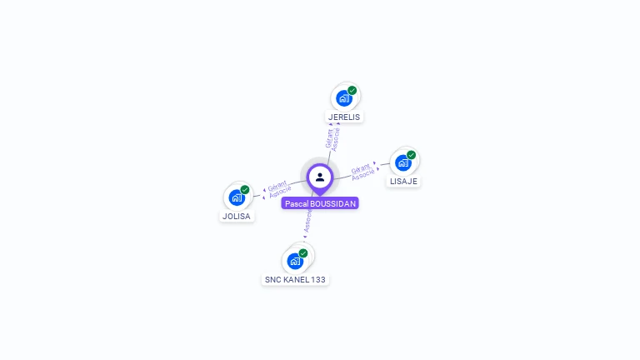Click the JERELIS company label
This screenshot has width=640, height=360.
[344, 117]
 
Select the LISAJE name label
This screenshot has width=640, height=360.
[403, 181]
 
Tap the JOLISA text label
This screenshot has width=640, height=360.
[236, 216]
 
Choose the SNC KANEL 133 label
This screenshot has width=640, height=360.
[294, 280]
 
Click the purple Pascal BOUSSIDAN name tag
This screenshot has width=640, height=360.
[320, 203]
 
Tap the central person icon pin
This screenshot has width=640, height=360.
[320, 177]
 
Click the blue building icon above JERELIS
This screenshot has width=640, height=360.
[343, 97]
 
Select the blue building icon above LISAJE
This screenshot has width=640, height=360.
[403, 162]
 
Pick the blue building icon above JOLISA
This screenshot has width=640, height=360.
[237, 197]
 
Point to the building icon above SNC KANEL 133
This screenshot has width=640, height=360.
[295, 261]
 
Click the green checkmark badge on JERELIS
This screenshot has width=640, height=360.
[352, 90]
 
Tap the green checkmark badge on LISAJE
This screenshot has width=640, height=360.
[412, 154]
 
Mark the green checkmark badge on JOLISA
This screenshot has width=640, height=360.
[245, 190]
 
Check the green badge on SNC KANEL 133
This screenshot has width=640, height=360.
[303, 252]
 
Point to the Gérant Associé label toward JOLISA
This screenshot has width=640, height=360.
[278, 189]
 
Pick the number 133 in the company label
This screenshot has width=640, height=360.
[317, 280]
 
